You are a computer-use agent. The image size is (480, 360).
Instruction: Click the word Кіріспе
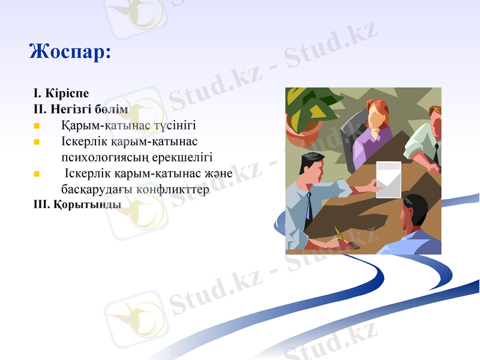(67, 94)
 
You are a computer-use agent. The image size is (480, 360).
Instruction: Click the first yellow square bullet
(37, 127)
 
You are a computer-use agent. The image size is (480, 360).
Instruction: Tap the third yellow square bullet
(37, 174)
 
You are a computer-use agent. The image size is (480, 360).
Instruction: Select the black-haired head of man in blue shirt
(415, 209)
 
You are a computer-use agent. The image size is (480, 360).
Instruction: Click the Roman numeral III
(41, 204)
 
